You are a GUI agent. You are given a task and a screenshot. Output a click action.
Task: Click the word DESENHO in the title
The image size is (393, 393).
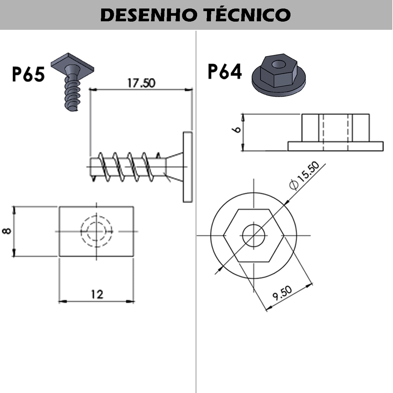(147, 15)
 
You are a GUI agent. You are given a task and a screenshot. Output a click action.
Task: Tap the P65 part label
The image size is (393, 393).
(28, 74)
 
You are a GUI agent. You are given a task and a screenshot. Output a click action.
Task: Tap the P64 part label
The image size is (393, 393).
(225, 72)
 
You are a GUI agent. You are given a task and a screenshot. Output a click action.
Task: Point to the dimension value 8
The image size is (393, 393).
(7, 231)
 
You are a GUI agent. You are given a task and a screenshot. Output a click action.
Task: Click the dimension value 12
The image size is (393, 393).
(97, 294)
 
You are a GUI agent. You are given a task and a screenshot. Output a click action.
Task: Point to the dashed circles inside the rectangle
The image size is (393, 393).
(96, 231)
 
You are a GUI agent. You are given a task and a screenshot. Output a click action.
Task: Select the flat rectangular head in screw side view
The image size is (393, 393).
(187, 167)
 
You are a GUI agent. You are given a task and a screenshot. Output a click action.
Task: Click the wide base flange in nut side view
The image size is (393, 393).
(335, 146)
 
